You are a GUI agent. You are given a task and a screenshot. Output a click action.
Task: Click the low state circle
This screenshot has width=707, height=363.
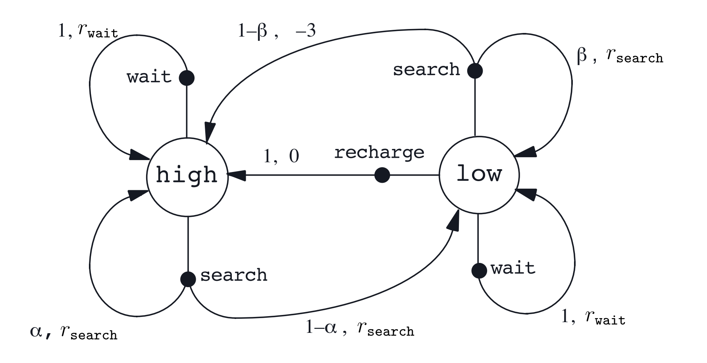(x=479, y=175)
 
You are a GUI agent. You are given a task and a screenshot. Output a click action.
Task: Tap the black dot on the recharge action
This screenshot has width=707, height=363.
(x=382, y=175)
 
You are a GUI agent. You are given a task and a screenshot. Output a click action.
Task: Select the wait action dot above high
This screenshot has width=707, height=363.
(x=187, y=77)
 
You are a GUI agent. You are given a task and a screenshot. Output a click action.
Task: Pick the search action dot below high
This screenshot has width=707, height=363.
(x=188, y=279)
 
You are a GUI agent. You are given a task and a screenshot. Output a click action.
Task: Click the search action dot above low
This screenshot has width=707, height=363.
(x=475, y=71)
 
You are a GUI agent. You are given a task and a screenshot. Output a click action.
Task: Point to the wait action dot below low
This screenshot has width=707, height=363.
(x=479, y=270)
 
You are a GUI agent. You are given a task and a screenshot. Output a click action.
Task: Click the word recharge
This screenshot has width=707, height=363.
(x=379, y=153)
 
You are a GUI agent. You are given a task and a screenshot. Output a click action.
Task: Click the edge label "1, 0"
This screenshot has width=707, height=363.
(x=281, y=156)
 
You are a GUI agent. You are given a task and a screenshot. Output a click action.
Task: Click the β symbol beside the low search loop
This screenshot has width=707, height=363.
(x=582, y=56)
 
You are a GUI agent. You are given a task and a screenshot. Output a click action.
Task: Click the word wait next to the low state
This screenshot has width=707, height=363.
(x=513, y=268)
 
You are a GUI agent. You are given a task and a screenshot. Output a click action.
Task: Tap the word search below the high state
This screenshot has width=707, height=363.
(x=233, y=275)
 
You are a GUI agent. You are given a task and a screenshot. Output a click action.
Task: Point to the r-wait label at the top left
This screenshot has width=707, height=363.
(x=97, y=31)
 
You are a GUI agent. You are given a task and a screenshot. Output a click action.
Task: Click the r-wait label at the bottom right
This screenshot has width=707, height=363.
(x=605, y=318)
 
